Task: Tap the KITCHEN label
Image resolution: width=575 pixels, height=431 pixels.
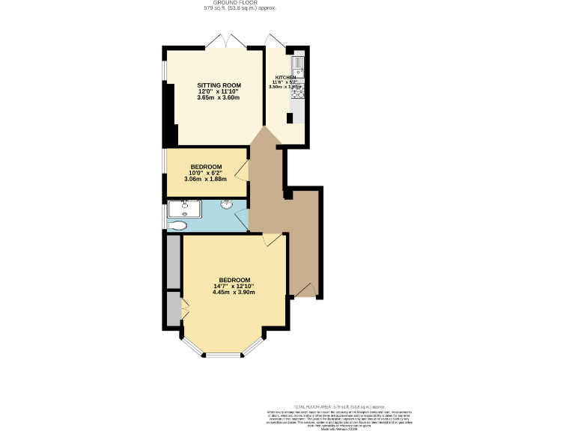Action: click(x=285, y=78)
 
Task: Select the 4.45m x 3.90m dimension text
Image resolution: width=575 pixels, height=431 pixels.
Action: click(x=234, y=292)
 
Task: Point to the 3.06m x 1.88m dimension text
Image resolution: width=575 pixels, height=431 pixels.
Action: click(x=205, y=179)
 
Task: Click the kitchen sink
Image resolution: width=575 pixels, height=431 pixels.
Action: click(x=296, y=64)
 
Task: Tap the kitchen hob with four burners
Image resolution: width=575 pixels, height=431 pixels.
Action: click(x=296, y=93)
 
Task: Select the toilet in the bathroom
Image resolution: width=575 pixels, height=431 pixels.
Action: click(x=178, y=224)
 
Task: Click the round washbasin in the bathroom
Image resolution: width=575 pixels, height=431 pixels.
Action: click(x=226, y=204)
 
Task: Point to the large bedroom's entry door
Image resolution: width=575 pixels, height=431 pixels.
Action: click(x=273, y=239)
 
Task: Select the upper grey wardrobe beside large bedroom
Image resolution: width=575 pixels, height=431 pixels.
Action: click(x=174, y=263)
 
